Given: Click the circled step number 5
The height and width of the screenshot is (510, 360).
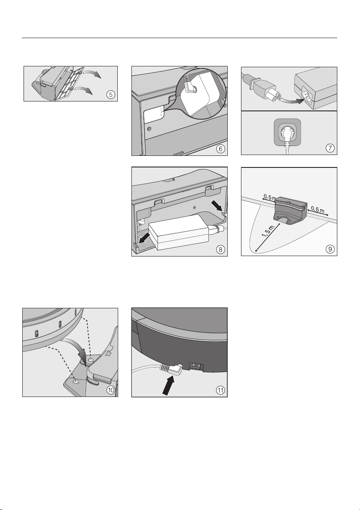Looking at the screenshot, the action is click(111, 95).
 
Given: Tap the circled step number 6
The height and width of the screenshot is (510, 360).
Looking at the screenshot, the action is click(220, 149).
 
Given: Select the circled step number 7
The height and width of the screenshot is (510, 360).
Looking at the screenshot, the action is click(330, 148).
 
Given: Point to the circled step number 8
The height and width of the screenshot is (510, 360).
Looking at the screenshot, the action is click(220, 250).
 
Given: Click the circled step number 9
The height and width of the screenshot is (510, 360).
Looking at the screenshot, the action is click(330, 249).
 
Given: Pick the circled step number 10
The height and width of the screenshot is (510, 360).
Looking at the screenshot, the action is click(111, 390).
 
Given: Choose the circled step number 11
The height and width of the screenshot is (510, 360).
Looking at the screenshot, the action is click(220, 390).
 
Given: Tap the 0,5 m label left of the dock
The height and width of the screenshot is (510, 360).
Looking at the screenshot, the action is click(270, 197).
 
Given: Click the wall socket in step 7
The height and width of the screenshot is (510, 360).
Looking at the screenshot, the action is click(287, 132).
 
